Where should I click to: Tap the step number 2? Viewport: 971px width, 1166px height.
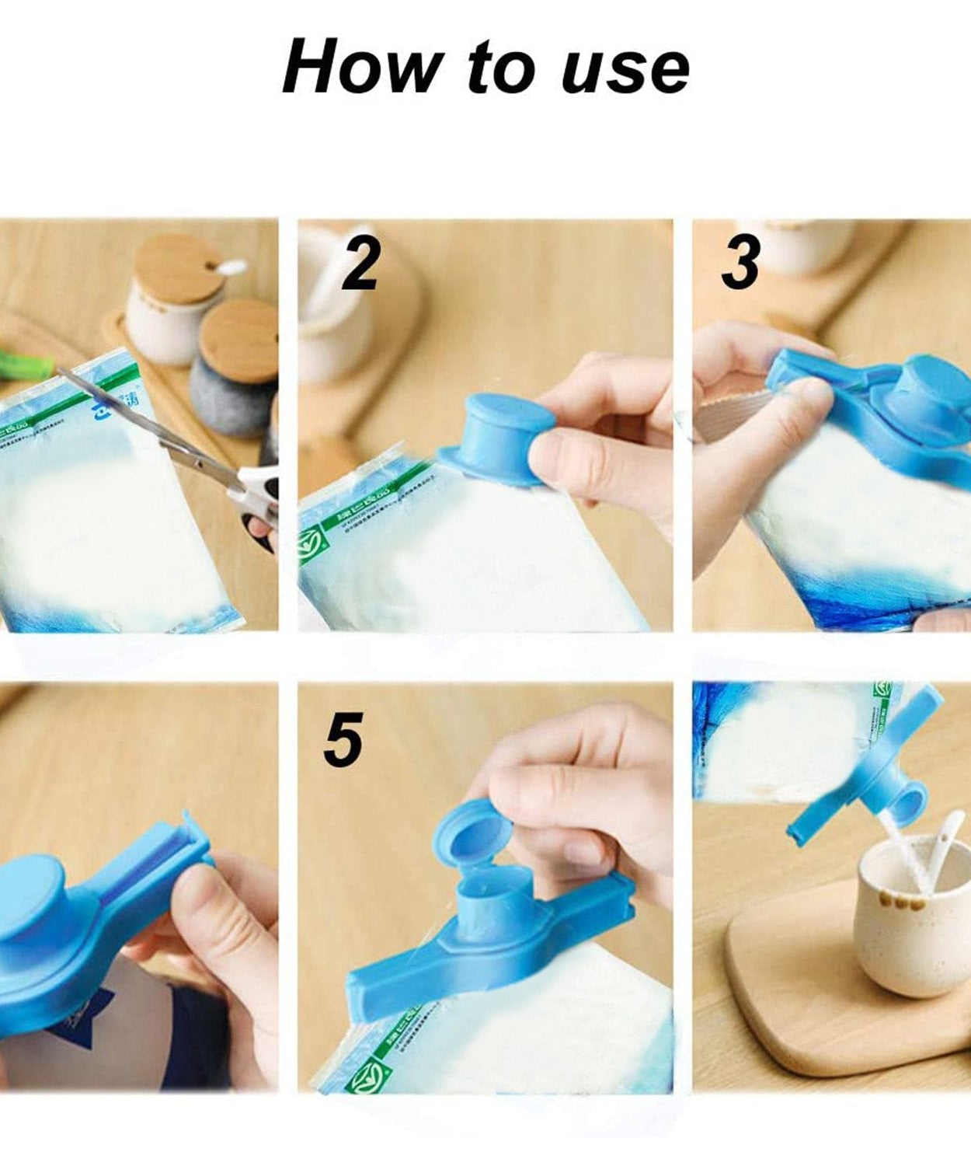coord(360,260)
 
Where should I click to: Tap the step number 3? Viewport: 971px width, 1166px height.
coord(740,262)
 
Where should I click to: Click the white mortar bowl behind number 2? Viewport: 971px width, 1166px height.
coord(330,326)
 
